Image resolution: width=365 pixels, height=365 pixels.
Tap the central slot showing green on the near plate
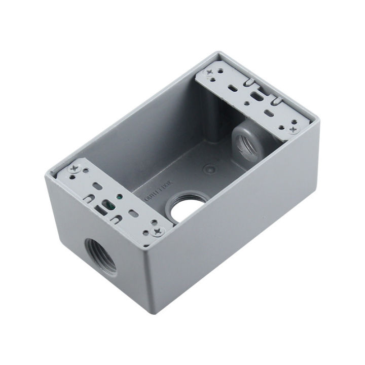click(108, 205)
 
